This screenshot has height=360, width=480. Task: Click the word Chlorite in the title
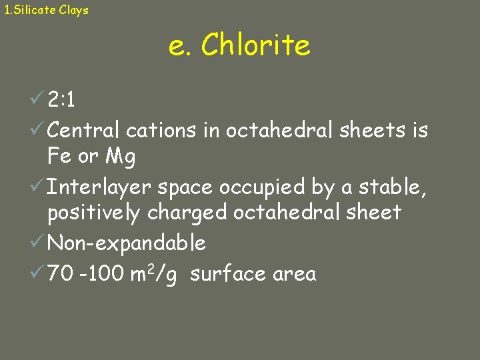tap(255, 46)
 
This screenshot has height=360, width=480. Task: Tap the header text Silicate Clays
tap(51, 10)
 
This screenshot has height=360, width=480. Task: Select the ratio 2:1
tap(61, 101)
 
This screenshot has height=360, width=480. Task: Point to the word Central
tap(84, 130)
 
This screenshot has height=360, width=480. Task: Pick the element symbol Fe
tap(59, 157)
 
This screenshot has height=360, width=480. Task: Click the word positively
tap(94, 213)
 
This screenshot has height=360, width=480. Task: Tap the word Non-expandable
tap(127, 243)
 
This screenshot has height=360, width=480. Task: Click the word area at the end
tap(293, 273)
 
